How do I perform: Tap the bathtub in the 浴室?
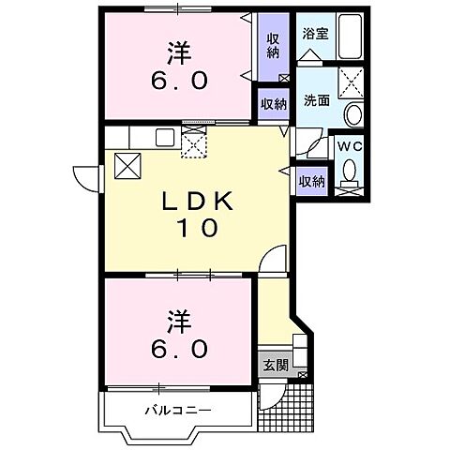(349, 37)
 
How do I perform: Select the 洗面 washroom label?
(315, 100)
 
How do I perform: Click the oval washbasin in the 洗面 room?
(353, 115)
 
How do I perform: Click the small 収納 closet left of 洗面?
(273, 104)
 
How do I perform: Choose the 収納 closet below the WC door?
(311, 180)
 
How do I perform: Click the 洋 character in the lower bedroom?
(180, 322)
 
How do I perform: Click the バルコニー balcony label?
(178, 410)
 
